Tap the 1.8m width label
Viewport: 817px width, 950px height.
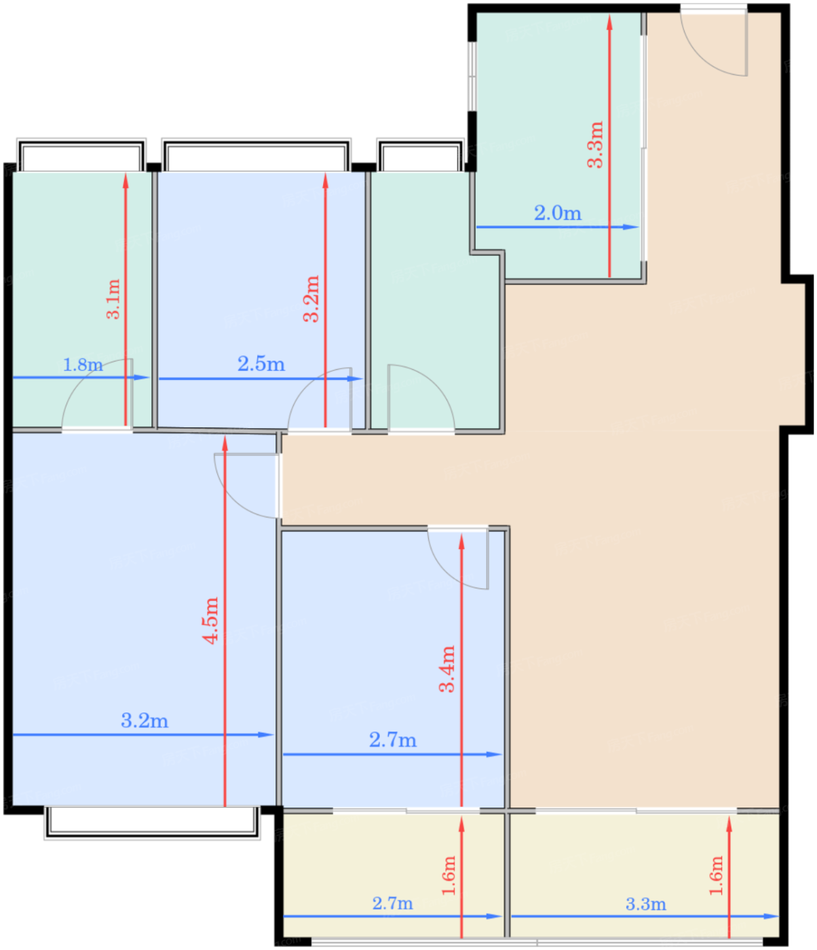pos(83,365)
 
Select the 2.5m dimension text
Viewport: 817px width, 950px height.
pos(261,364)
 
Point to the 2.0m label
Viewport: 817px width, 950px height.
pos(557,213)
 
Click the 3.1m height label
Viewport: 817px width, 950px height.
pos(113,299)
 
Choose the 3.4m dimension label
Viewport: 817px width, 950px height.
pos(446,668)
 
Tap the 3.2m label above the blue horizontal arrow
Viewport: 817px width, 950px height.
pos(145,720)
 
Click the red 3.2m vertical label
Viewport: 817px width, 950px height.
pos(311,299)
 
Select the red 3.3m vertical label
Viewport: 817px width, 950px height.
pos(595,145)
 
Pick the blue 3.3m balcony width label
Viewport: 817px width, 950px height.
pos(645,904)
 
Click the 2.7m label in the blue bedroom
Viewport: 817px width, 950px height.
pos(393,740)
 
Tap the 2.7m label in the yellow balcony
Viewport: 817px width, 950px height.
pos(392,903)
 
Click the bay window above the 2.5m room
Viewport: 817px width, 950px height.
pos(256,155)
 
